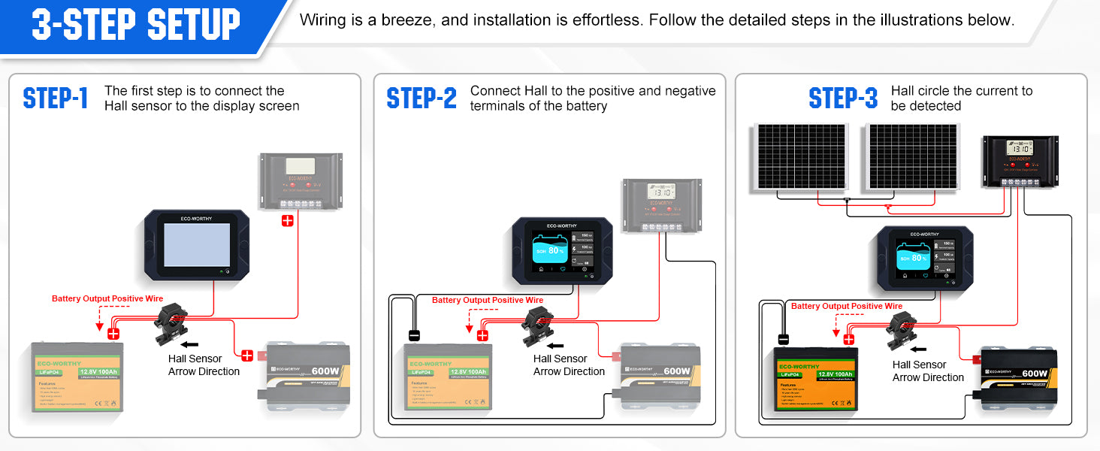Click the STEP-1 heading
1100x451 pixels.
pyautogui.click(x=56, y=98)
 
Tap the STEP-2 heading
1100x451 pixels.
pyautogui.click(x=422, y=98)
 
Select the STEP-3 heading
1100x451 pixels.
pyautogui.click(x=843, y=98)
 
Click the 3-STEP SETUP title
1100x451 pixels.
pyautogui.click(x=136, y=25)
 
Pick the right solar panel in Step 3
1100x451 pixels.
pyautogui.click(x=913, y=156)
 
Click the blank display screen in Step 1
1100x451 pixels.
pyautogui.click(x=197, y=245)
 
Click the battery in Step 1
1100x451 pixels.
pyautogui.click(x=77, y=376)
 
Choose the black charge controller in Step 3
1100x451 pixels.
pyautogui.click(x=1020, y=161)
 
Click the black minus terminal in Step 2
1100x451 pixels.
pyautogui.click(x=413, y=335)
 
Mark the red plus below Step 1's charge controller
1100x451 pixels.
pyautogui.click(x=287, y=221)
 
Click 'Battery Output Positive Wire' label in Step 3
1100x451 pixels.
pyautogui.click(x=847, y=306)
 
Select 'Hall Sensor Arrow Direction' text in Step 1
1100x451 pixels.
pyautogui.click(x=204, y=365)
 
